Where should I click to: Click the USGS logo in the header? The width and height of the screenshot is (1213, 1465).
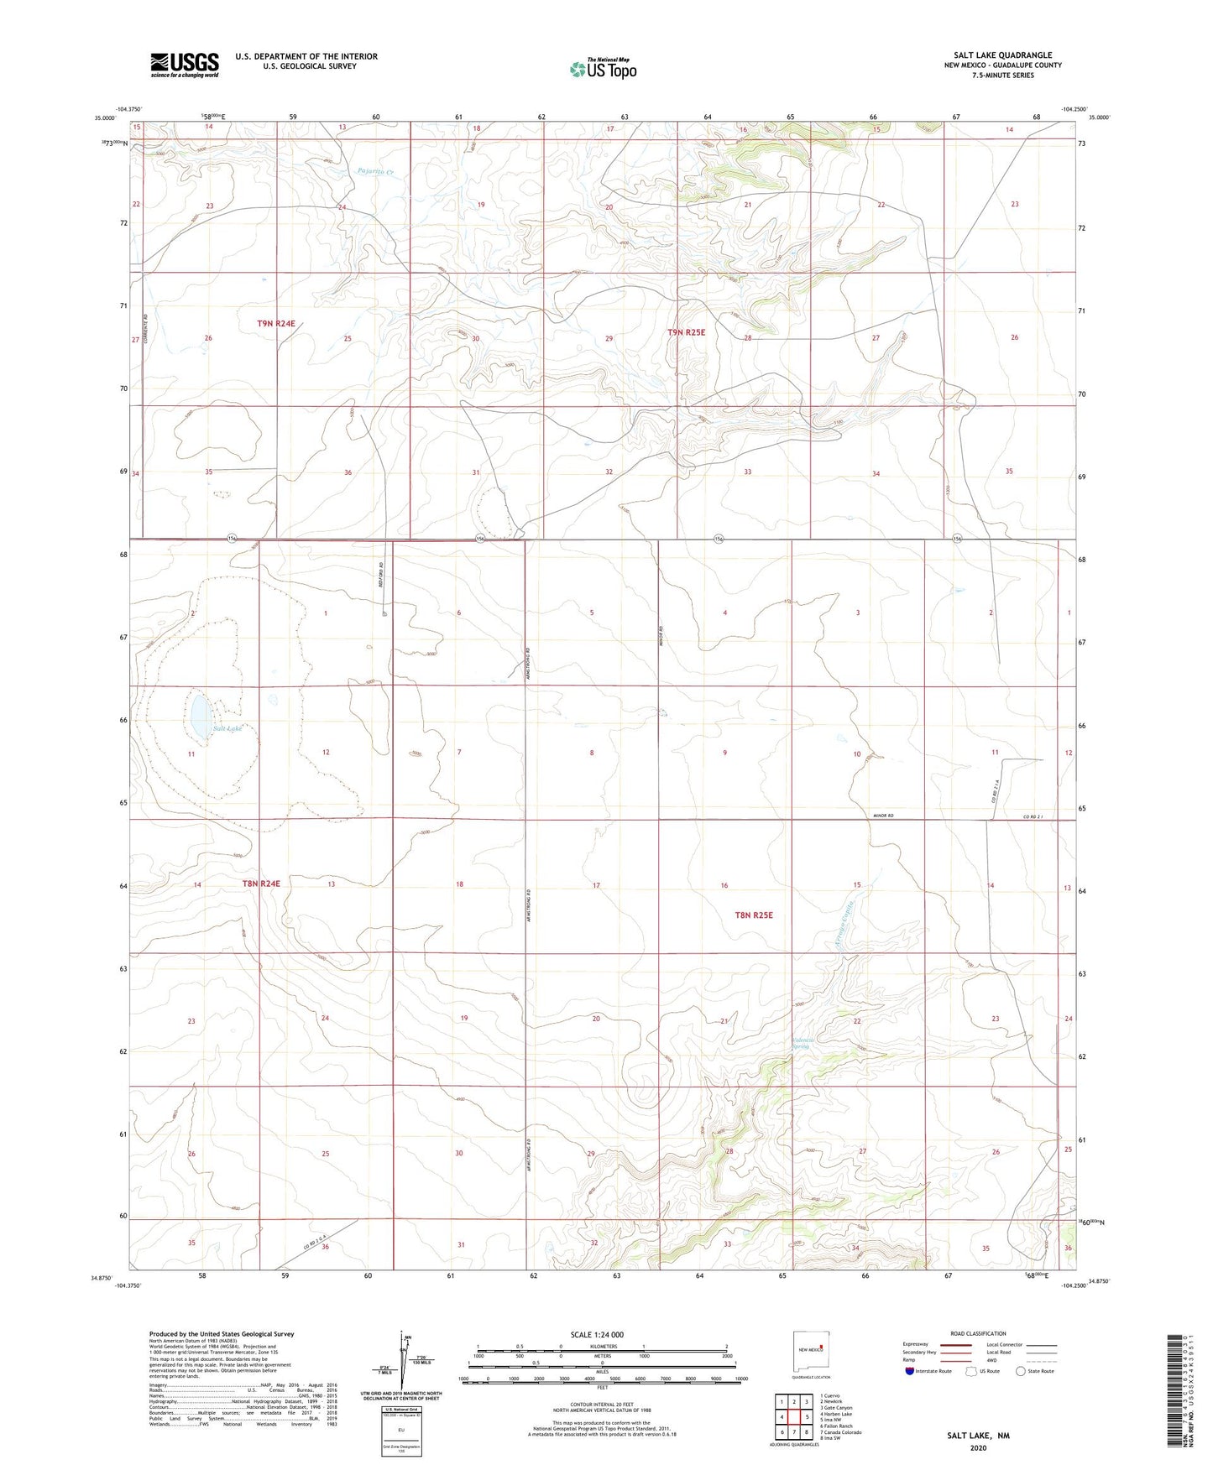coord(185,65)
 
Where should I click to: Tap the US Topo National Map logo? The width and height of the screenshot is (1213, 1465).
coord(603,69)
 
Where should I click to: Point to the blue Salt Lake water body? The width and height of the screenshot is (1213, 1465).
coord(201,717)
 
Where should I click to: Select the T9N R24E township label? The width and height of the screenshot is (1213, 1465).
coord(276,323)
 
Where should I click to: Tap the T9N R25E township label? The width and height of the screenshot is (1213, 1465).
coord(686,332)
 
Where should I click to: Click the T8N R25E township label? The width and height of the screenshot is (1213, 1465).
coord(753,915)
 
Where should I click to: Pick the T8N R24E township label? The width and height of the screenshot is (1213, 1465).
coord(261,884)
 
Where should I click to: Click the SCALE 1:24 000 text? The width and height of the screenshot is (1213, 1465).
coord(597,1334)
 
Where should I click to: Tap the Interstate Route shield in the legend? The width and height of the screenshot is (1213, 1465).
coord(910,1371)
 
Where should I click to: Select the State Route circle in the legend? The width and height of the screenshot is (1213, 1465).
coord(1021,1371)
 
